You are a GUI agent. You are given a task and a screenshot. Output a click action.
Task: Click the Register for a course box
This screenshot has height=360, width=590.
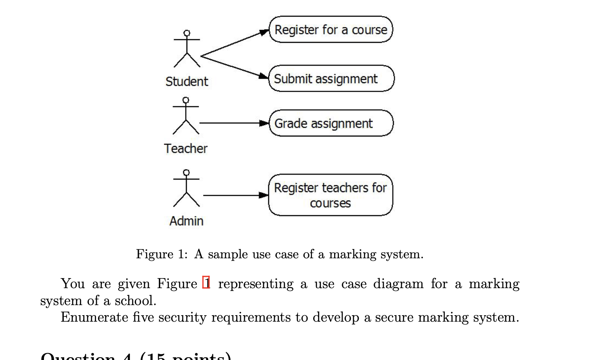331,29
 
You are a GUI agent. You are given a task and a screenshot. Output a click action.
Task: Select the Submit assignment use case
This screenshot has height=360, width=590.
331,79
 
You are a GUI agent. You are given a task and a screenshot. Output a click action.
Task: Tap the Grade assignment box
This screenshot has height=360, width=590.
331,123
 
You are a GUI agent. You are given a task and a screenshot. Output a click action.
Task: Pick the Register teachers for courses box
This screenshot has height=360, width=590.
330,195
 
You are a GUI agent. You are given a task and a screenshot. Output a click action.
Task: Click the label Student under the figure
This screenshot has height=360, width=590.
186,82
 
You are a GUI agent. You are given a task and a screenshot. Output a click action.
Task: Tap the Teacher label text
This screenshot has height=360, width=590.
186,149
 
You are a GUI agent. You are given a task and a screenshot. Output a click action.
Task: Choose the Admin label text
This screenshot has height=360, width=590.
186,221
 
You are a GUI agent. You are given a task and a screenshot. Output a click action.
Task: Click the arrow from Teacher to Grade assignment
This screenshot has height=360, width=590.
234,123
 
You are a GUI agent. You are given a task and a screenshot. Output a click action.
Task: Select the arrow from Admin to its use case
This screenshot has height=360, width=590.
236,195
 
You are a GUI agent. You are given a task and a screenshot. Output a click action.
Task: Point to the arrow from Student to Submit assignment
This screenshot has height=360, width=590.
234,67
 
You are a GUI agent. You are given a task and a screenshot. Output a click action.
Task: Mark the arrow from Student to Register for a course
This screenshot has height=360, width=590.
234,43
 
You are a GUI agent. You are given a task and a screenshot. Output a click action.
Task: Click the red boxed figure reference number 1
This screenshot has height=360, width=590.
206,283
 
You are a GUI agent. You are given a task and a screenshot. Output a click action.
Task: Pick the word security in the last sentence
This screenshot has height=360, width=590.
182,317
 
